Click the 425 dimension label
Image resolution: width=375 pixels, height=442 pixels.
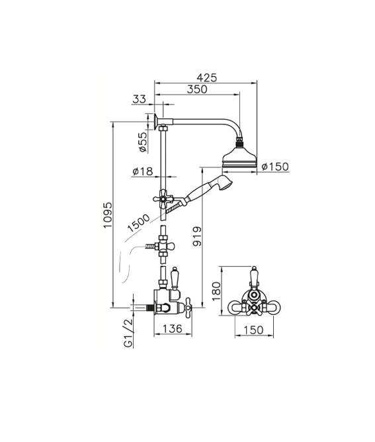(x=207, y=77)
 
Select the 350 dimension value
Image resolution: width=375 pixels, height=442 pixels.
(x=197, y=89)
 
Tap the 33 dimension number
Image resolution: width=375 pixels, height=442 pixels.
(x=140, y=99)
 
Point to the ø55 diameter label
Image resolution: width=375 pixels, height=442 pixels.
(x=143, y=142)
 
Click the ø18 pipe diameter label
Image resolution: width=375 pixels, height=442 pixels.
(x=143, y=171)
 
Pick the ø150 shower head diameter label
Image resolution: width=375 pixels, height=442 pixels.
(x=275, y=167)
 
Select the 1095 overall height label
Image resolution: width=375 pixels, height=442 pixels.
(x=108, y=215)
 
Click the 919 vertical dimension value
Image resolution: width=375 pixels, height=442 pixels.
(x=197, y=236)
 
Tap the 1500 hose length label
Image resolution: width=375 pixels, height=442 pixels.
(x=138, y=223)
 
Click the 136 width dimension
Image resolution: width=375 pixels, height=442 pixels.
(x=173, y=328)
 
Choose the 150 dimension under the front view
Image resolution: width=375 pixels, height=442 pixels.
(x=253, y=330)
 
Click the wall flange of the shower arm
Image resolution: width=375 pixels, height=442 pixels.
(x=156, y=121)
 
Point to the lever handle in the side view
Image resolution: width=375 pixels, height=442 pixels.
(x=175, y=278)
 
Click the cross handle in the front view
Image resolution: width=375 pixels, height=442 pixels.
(x=254, y=307)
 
